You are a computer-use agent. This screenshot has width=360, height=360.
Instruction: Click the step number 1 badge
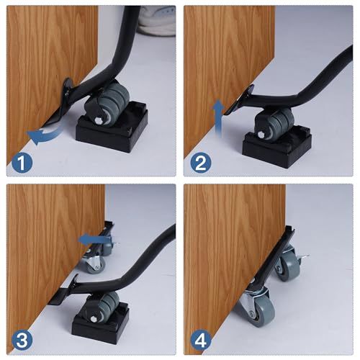pyautogui.click(x=22, y=163)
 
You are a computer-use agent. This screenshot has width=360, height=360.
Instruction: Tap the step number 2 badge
pyautogui.click(x=201, y=163)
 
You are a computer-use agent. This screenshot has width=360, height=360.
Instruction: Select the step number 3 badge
pyautogui.click(x=22, y=341)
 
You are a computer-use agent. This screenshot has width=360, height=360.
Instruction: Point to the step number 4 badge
pyautogui.click(x=201, y=341)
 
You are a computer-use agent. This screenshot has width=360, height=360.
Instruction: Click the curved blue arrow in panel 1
pyautogui.click(x=45, y=135)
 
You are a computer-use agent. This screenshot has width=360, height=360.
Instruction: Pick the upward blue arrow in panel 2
pyautogui.click(x=218, y=118)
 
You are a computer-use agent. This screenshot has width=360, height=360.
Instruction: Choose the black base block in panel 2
pyautogui.click(x=276, y=143)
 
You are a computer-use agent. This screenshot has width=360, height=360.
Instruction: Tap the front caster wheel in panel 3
pyautogui.click(x=96, y=264)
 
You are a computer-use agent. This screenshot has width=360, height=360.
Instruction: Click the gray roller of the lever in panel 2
pyautogui.click(x=276, y=123)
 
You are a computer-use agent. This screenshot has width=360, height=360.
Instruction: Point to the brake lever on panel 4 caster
pyautogui.click(x=304, y=257)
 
